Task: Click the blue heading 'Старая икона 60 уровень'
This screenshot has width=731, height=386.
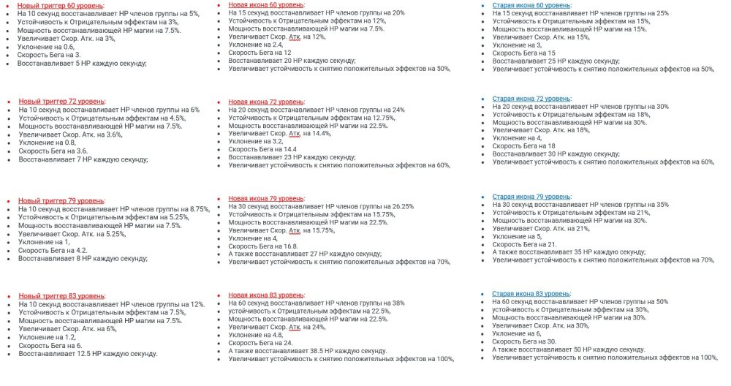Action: (x=531, y=5)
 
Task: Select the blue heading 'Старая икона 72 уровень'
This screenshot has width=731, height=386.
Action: (x=531, y=98)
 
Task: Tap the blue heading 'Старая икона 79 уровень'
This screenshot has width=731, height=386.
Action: (x=531, y=197)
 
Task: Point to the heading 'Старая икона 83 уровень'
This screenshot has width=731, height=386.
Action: (x=531, y=293)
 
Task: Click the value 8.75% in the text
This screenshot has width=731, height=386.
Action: (x=200, y=209)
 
